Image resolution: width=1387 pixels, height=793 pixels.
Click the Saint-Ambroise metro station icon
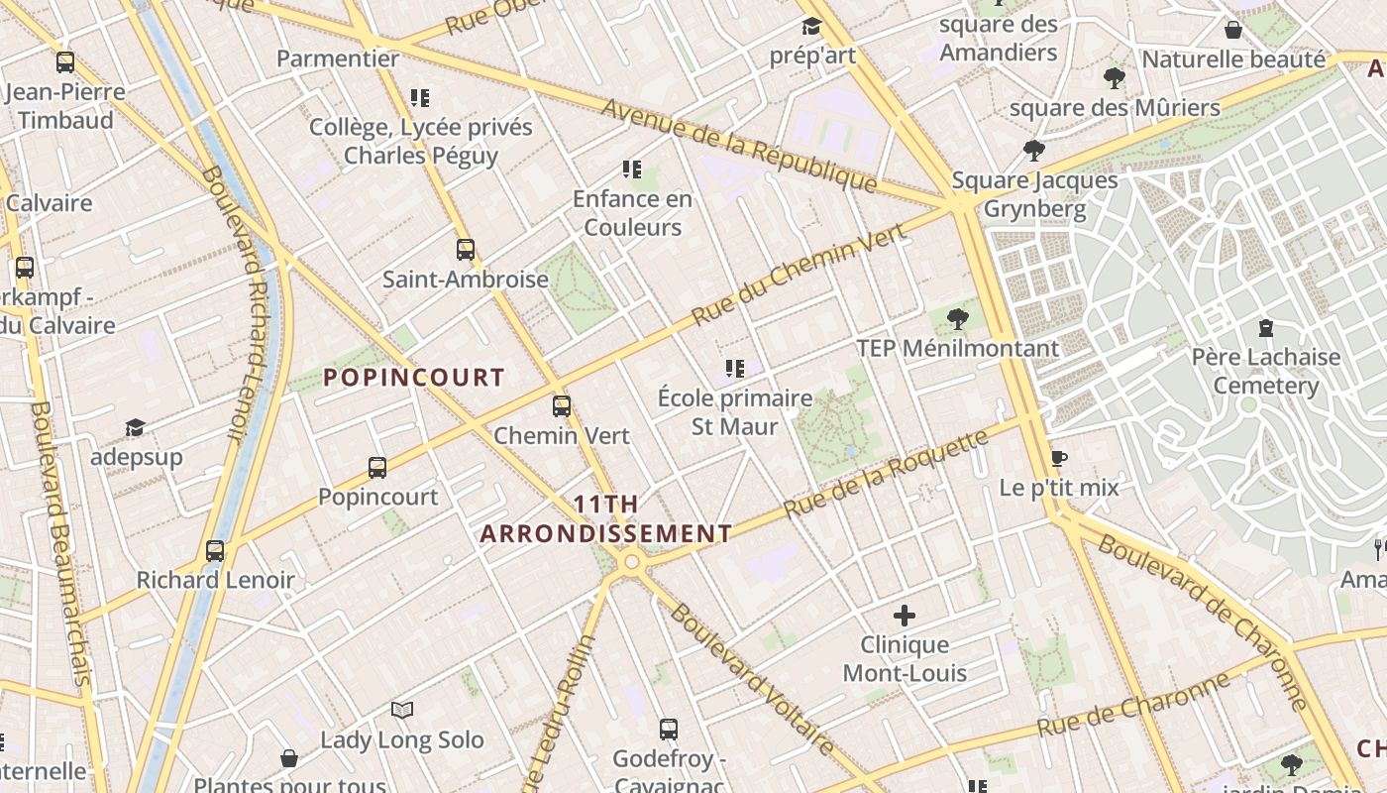point(466,250)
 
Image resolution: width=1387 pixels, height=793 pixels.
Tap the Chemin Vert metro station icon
point(562,406)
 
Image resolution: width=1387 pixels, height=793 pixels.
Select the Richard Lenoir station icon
point(215,551)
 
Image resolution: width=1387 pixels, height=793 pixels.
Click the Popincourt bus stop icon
point(377,468)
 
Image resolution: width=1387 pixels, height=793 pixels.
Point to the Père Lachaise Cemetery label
point(1266,371)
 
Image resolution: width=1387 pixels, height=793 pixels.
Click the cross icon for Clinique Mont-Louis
point(904,616)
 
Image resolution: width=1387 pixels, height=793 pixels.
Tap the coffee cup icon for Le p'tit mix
point(1058,458)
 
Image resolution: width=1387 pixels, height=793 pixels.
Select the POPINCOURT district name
point(414,378)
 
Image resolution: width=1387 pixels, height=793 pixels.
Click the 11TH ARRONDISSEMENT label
point(606,519)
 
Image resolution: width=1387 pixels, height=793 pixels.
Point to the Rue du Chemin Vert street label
point(799,276)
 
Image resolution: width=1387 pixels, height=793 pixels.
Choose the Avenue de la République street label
point(738,145)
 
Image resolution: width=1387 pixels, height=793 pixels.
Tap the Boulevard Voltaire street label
point(753,679)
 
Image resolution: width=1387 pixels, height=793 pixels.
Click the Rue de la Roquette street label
point(886,473)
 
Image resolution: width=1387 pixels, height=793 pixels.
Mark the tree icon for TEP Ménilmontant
point(957,319)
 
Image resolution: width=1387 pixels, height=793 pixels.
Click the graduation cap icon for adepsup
point(135,427)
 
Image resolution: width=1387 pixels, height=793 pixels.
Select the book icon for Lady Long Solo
point(401,710)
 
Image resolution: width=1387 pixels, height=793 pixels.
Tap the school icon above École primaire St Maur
point(734,369)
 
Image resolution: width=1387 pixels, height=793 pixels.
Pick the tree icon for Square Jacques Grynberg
point(1034,151)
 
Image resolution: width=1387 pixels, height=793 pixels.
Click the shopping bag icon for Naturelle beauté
point(1233,30)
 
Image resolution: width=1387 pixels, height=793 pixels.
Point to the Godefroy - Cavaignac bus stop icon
point(669,730)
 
